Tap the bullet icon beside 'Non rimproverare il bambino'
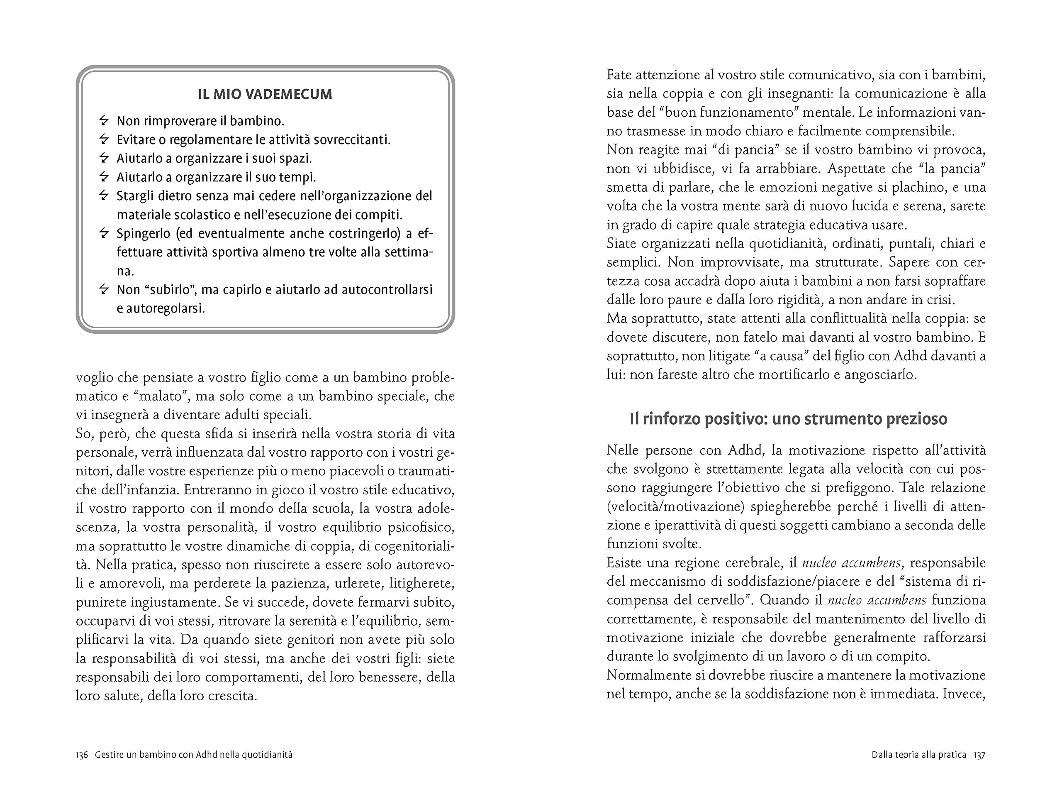coord(104,120)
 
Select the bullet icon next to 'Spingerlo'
coord(104,233)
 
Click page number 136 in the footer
coord(82,755)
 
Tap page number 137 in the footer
coord(979,755)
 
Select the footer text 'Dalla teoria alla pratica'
coord(918,755)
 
